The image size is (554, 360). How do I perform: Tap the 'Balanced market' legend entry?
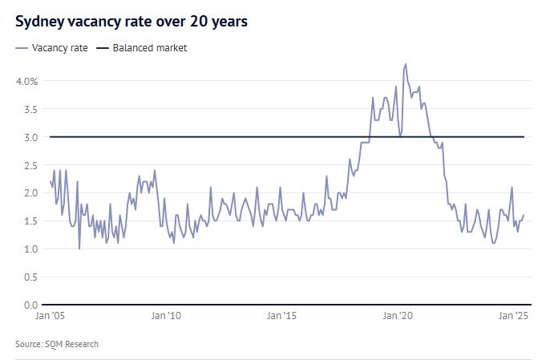tap(149, 48)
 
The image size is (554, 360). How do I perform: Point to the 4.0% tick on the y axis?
tap(26, 81)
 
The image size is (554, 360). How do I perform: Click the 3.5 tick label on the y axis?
tap(30, 109)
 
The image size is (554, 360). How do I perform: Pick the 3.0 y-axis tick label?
tap(30, 137)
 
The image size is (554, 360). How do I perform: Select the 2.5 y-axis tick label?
tap(30, 165)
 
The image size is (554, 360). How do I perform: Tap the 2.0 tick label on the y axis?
tap(30, 193)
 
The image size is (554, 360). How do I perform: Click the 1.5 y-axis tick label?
tap(30, 221)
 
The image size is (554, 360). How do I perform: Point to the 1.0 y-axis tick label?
tap(30, 249)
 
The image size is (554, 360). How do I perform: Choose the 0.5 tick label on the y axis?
tap(30, 277)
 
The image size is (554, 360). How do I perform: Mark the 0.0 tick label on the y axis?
tap(30, 305)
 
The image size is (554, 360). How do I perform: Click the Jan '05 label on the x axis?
tap(50, 316)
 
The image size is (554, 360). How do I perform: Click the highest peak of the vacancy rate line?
tap(406, 64)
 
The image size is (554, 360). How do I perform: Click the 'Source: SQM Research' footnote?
tap(57, 344)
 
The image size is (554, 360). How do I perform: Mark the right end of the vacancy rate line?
tap(524, 215)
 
